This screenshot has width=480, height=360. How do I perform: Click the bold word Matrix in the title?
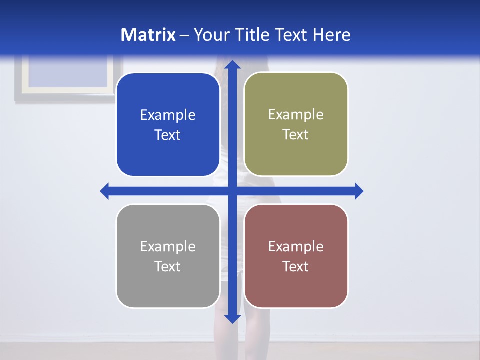tap(148, 35)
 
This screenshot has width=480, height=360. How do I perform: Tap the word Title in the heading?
tap(250, 35)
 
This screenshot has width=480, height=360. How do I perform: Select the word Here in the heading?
tap(332, 35)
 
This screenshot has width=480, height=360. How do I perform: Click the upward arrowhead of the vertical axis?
tap(232, 64)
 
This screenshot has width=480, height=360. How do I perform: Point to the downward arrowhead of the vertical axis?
tap(232, 318)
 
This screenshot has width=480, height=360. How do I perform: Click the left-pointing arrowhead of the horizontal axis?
tap(105, 191)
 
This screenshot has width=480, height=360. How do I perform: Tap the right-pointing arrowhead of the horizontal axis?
tap(359, 191)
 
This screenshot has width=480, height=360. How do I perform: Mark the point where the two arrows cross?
tap(232, 191)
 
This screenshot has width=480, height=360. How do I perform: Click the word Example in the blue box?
tap(168, 115)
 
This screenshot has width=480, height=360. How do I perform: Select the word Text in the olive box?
tap(296, 135)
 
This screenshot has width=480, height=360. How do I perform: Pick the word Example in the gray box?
tap(168, 246)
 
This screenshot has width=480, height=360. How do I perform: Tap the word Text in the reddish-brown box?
tap(296, 266)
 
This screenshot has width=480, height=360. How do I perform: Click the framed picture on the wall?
tap(68, 77)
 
